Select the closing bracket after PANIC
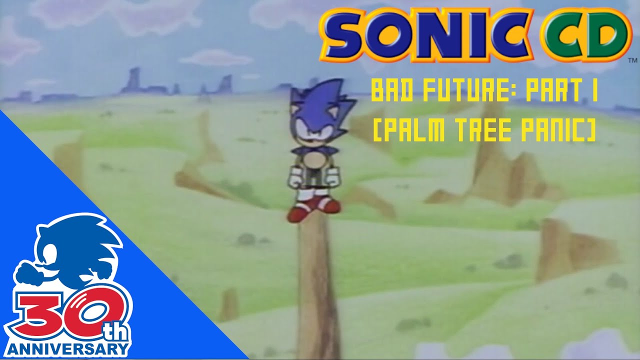tap(591, 131)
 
